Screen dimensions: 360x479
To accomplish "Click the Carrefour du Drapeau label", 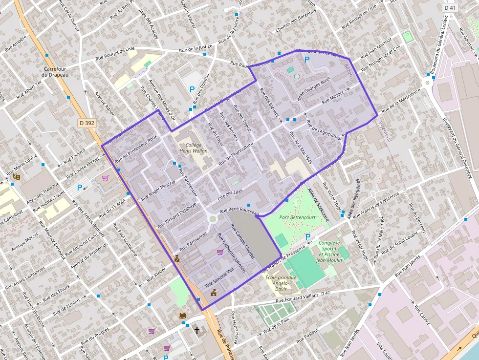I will click(x=54, y=72).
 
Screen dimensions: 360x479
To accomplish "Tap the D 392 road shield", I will click(x=87, y=124).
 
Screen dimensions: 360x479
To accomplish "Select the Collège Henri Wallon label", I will click(x=193, y=148).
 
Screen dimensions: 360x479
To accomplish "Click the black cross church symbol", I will click(x=197, y=331).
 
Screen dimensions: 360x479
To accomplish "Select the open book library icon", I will click(x=182, y=316).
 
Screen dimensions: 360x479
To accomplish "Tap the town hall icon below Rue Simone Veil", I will click(x=214, y=293).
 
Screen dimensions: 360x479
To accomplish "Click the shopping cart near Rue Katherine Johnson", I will click(x=220, y=252).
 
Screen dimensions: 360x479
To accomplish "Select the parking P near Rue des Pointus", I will click(x=192, y=90).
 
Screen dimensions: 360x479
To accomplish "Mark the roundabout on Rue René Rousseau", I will click(x=213, y=219).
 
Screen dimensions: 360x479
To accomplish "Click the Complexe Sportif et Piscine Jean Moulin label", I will click(x=328, y=252).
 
